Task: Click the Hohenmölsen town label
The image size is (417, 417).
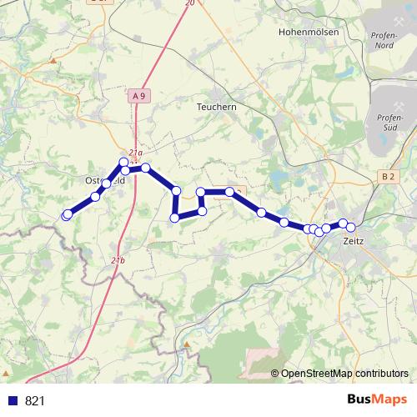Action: click(x=311, y=33)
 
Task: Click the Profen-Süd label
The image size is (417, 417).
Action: click(x=389, y=122)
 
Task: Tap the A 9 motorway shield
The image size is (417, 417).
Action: click(x=138, y=97)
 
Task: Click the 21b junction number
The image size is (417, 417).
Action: click(x=118, y=260)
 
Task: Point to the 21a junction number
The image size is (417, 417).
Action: click(x=135, y=153)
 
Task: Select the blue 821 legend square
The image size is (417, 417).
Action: click(x=13, y=401)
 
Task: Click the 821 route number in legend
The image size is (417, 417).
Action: click(x=35, y=401)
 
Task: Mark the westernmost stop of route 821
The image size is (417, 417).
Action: click(x=67, y=215)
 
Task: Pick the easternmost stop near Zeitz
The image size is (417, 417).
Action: click(x=351, y=227)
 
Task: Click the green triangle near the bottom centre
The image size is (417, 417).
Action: click(x=187, y=343)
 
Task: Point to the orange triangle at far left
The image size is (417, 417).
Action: click(x=53, y=61)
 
